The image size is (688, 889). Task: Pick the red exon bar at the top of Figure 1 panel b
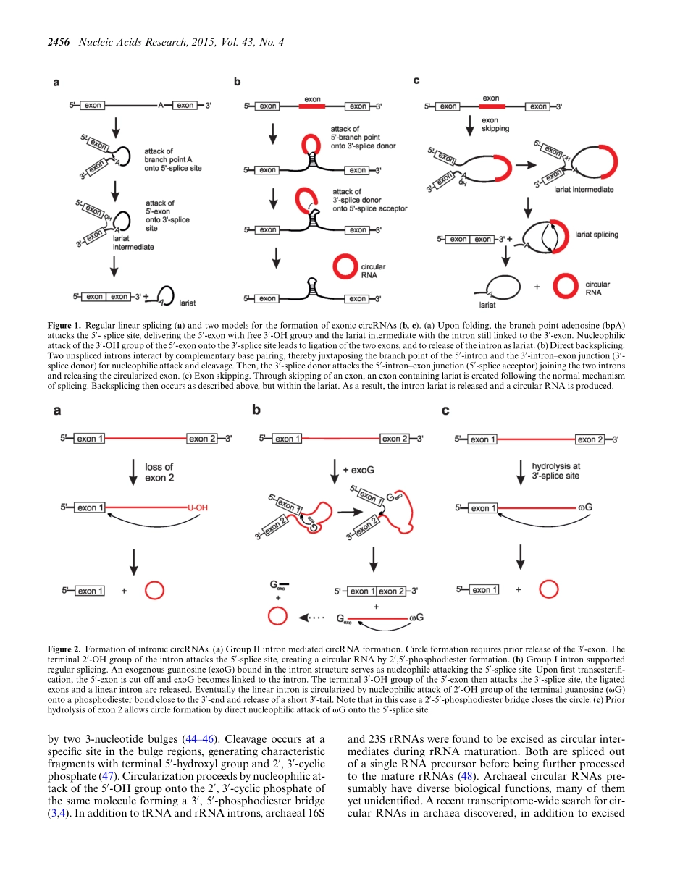312,106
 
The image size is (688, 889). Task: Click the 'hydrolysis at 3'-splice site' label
555,471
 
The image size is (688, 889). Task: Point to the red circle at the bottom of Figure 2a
154,591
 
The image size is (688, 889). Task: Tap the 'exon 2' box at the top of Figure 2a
202,439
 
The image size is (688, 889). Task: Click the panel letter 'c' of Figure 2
445,410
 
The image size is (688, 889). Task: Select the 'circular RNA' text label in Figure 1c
597,289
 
